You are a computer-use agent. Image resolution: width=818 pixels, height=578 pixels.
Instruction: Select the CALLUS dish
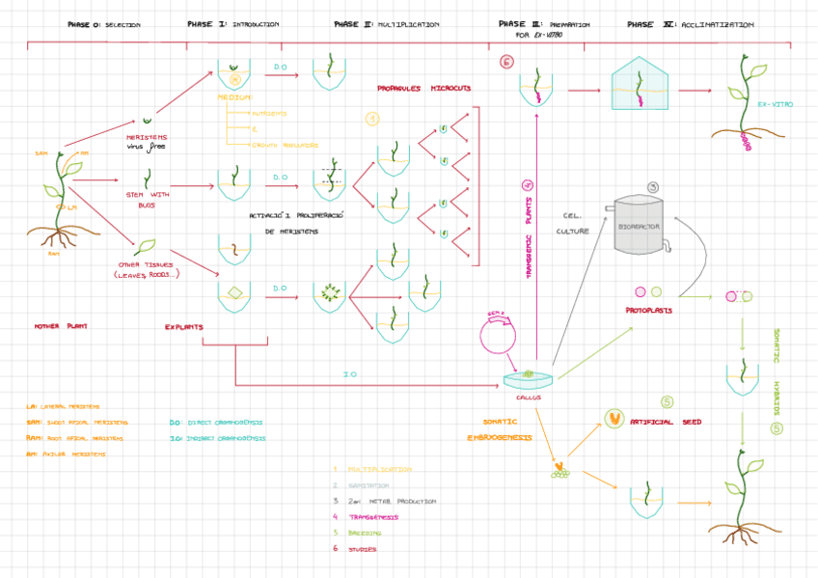[528, 378]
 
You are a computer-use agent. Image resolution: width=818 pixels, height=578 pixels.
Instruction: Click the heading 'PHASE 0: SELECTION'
[104, 24]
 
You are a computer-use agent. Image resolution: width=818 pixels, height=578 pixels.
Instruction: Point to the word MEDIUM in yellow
[234, 97]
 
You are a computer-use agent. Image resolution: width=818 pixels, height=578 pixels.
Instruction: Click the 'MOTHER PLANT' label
[61, 326]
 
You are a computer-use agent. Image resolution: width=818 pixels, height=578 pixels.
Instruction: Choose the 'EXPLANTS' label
[183, 326]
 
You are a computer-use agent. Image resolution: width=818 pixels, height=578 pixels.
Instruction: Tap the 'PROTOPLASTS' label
[648, 311]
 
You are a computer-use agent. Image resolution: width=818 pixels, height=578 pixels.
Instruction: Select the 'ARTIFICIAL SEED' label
[665, 422]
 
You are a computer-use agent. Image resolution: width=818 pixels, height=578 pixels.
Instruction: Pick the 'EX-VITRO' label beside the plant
[775, 103]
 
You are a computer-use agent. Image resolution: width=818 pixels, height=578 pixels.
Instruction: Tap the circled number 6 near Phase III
[506, 63]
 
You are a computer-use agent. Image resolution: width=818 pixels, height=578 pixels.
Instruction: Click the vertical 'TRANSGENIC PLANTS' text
[528, 230]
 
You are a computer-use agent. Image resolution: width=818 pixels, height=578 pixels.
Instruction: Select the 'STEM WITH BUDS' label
[148, 201]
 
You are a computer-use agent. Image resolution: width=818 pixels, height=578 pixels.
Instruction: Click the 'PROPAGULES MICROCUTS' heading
[423, 89]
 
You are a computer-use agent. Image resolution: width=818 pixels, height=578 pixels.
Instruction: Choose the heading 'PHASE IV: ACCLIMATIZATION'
[690, 24]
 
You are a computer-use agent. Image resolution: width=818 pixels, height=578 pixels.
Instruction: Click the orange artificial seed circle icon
[612, 418]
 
